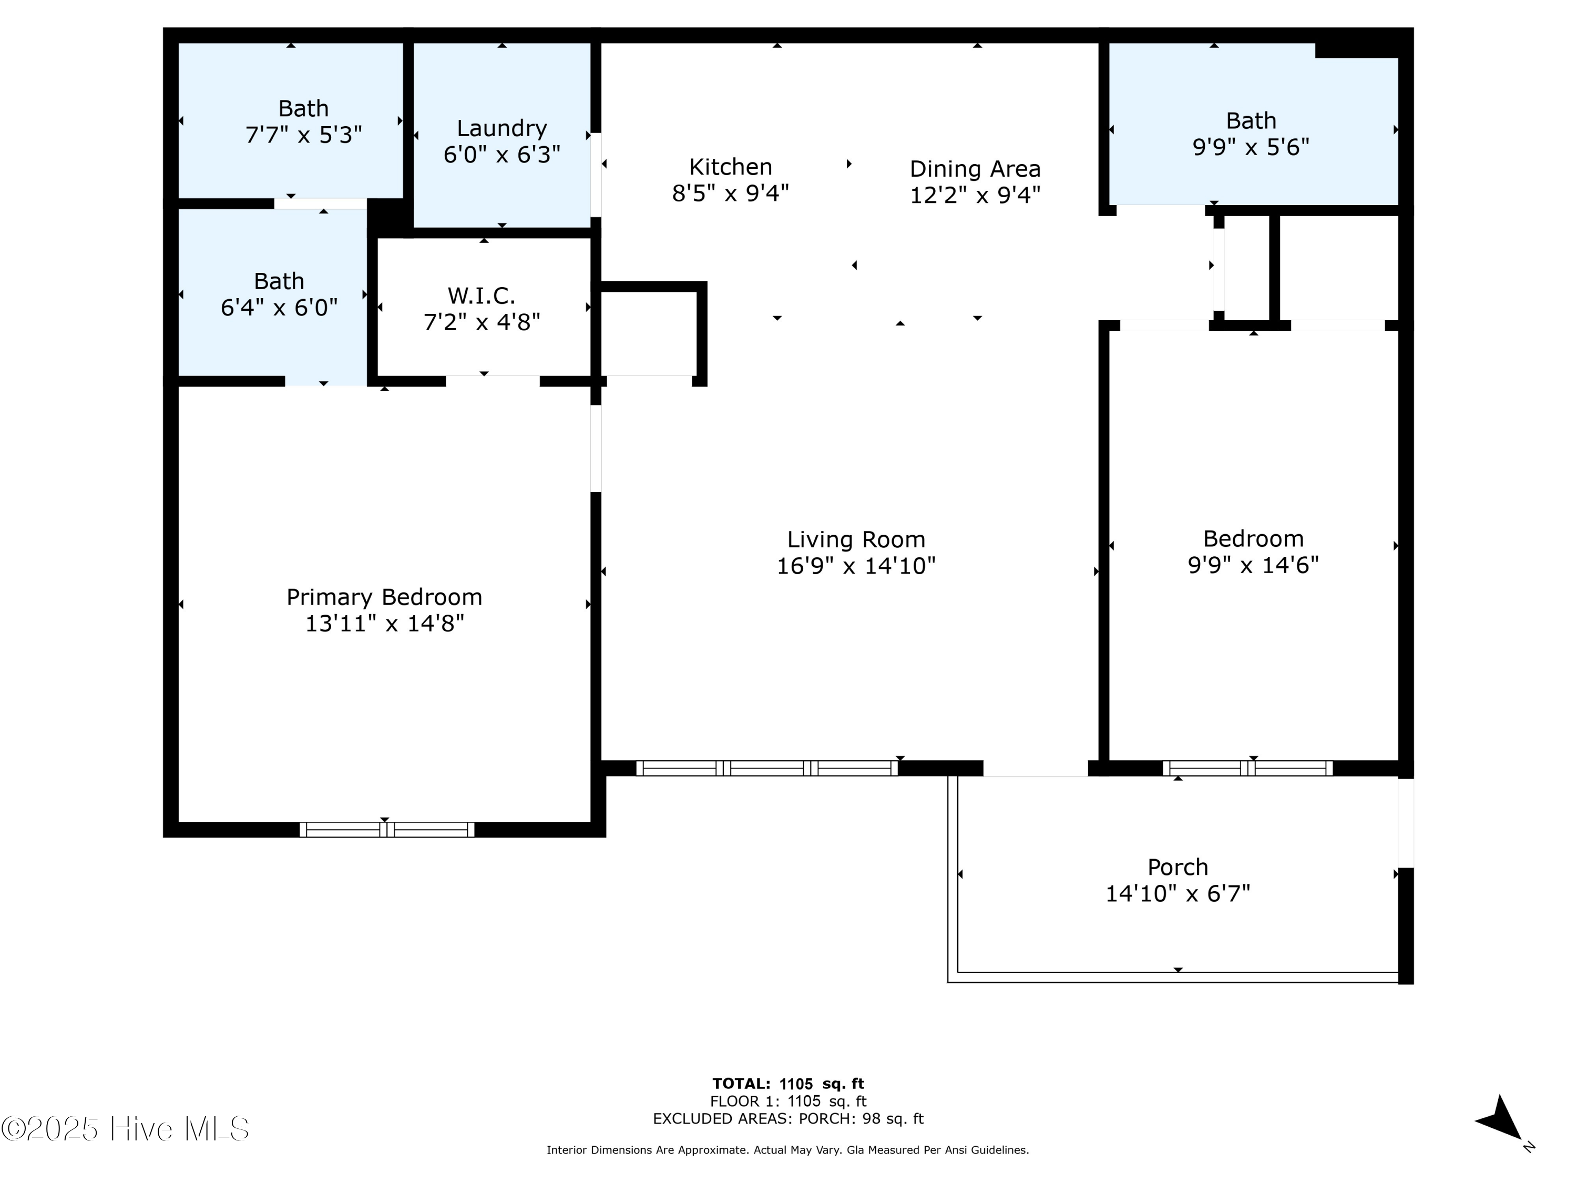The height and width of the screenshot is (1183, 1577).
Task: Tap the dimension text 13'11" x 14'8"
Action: pyautogui.click(x=384, y=623)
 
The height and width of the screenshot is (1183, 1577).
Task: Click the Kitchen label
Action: pyautogui.click(x=730, y=167)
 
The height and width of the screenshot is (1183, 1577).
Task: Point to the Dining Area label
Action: pyautogui.click(x=975, y=169)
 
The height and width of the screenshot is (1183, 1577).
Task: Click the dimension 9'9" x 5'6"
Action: pyautogui.click(x=1251, y=147)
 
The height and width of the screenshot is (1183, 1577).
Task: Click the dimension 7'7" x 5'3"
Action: pyautogui.click(x=304, y=135)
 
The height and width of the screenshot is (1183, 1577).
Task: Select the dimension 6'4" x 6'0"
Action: pyautogui.click(x=279, y=308)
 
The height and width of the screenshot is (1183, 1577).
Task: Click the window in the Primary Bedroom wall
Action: pyautogui.click(x=386, y=829)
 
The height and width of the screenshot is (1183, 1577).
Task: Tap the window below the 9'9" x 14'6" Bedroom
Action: pyautogui.click(x=1247, y=768)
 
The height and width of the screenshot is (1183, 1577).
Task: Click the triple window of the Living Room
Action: pyautogui.click(x=766, y=768)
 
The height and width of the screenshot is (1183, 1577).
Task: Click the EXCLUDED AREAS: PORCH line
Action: pyautogui.click(x=788, y=1119)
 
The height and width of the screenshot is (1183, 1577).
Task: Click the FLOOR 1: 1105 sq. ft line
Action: pyautogui.click(x=788, y=1102)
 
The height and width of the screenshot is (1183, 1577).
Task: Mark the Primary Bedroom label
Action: pyautogui.click(x=384, y=597)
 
